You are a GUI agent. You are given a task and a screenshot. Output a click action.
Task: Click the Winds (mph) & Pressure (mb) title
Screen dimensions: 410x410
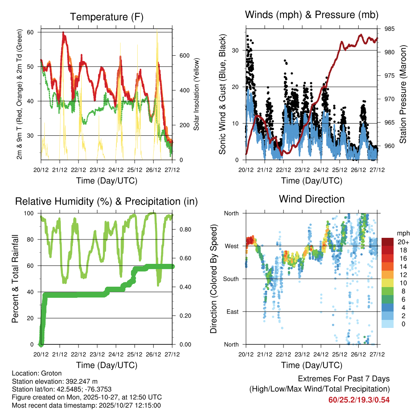pos(312,15)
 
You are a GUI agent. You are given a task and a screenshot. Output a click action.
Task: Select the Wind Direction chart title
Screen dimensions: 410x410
pos(312,199)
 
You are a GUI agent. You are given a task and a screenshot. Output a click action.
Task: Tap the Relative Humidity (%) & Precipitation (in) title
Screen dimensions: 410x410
pos(107,201)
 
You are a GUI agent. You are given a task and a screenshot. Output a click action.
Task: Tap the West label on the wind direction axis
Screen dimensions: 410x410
pos(231,246)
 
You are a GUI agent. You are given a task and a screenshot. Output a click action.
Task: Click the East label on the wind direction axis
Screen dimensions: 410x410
pos(232,312)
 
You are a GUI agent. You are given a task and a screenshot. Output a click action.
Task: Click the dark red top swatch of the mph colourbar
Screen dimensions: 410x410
pos(388,241)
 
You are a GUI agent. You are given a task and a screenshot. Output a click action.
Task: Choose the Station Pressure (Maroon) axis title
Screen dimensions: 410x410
pos(403,94)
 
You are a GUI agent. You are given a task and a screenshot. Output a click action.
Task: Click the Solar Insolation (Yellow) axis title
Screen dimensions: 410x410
pos(197,94)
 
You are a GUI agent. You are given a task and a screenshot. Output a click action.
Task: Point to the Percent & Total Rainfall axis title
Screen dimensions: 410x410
pos(16,279)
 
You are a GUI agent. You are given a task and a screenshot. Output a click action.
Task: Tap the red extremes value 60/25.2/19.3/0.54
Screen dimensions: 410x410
pos(359,400)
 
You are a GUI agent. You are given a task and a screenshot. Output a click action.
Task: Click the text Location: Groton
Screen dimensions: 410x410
pos(37,373)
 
